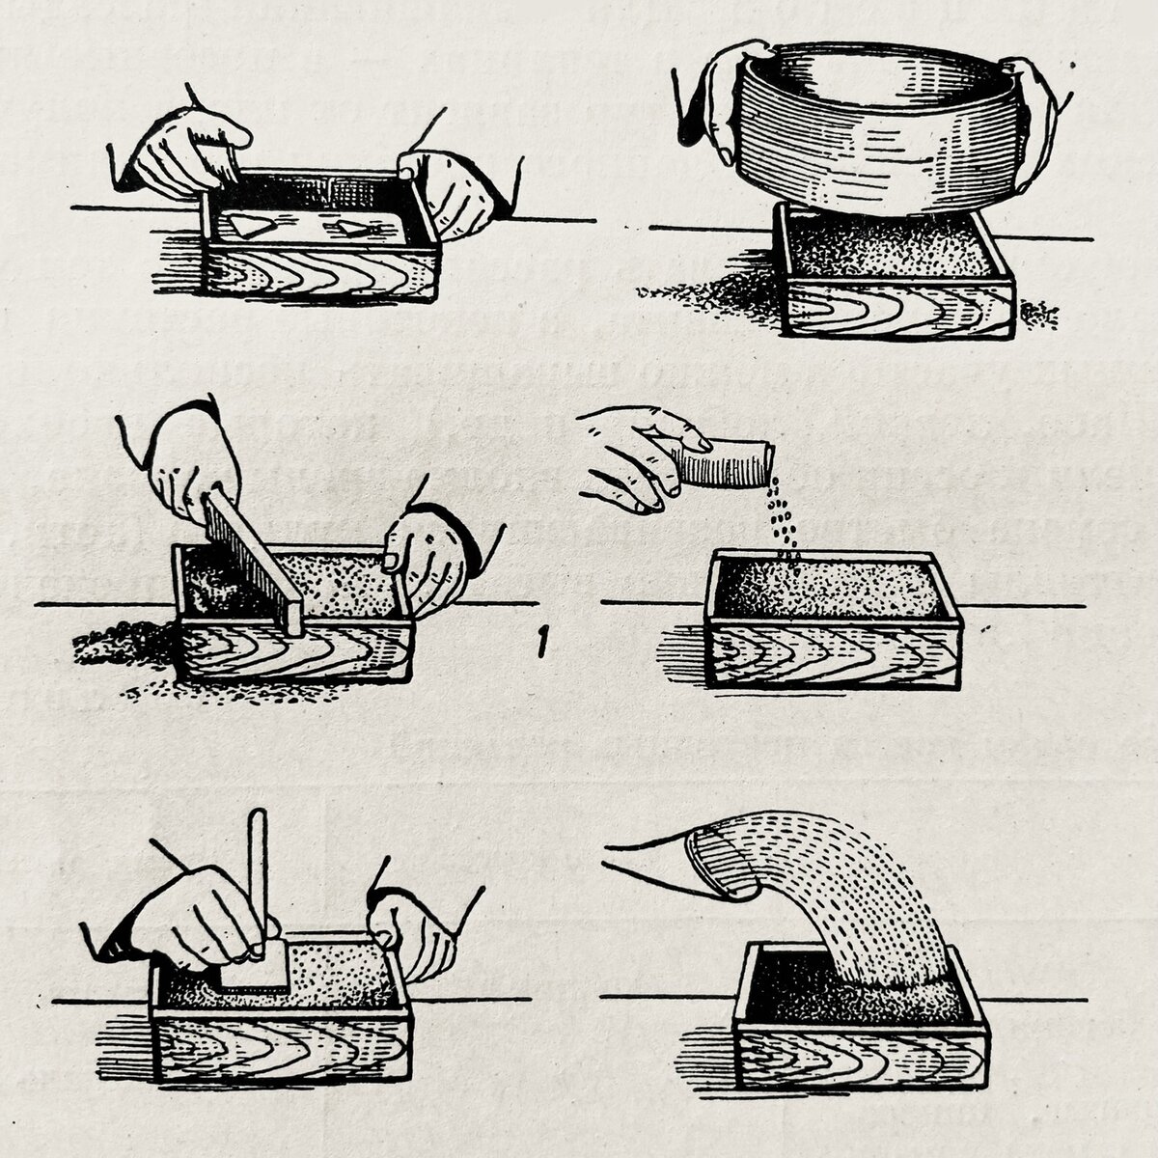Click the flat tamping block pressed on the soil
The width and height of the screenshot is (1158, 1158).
[254, 969]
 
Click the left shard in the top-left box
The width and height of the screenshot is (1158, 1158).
[249, 226]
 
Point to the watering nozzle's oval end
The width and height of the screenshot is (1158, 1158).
[721, 864]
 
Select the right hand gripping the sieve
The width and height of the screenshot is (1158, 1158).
[1034, 121]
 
